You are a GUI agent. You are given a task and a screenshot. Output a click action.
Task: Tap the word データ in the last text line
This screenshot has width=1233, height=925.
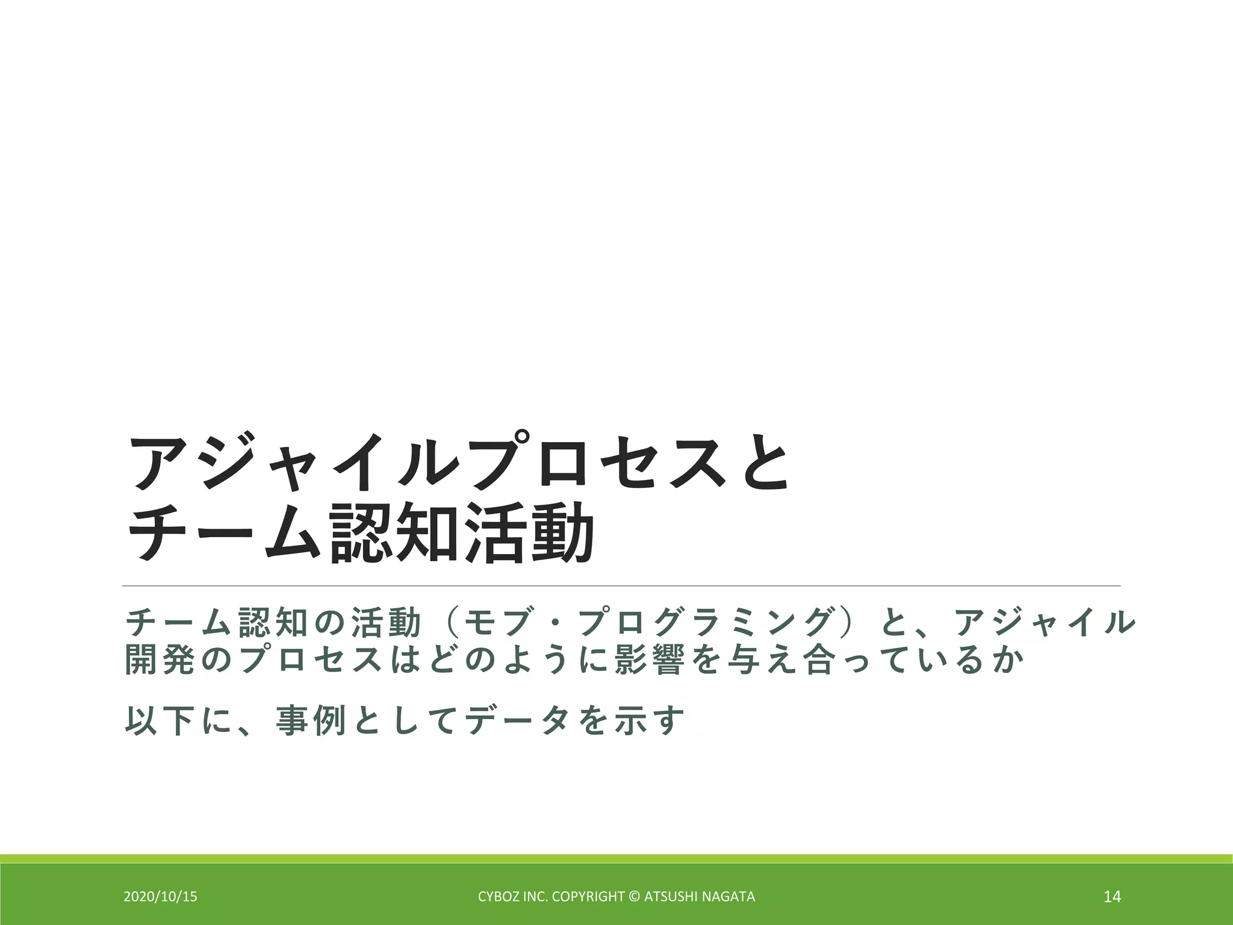(x=514, y=720)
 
